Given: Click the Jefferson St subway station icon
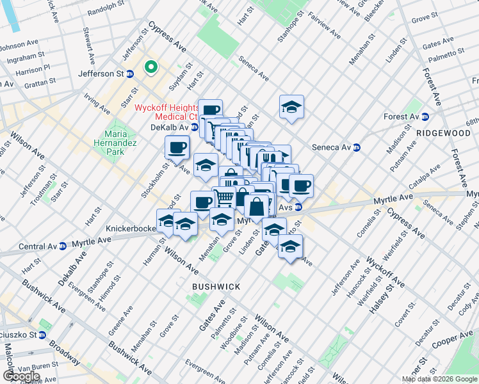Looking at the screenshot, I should pos(130,74).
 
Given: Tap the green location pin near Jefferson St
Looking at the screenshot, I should pos(151,66).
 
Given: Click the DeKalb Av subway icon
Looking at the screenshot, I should pos(195,127).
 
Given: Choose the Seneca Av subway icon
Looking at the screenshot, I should pos(357,147).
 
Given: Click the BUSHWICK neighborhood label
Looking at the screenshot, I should pos(216,287).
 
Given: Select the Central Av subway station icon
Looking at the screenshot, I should pos(63,246).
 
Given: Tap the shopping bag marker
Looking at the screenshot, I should pos(256,207).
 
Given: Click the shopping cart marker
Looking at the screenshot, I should pos(223,198).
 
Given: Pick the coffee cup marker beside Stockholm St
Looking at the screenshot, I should pos(177,147).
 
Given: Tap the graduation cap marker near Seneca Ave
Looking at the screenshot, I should pos(291,107).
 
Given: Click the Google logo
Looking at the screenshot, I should pos(21,376).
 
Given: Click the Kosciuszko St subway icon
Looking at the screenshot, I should pos(42,335).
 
